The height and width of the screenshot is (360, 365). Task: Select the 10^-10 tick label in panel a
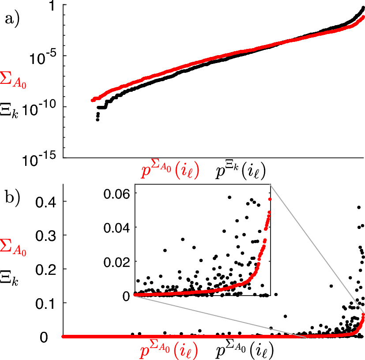(x=41, y=107)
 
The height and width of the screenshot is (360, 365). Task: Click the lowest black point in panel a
(x=98, y=120)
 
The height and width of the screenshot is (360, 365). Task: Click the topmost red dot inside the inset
(x=270, y=199)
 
